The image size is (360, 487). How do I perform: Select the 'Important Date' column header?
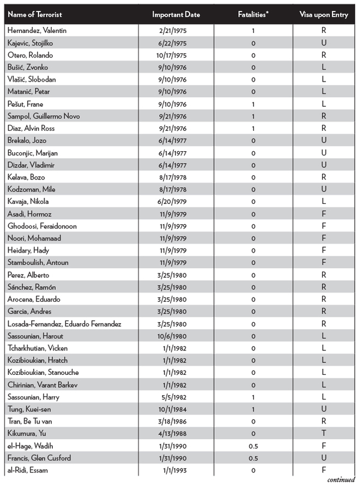[x=176, y=14]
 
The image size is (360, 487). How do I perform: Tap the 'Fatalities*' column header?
[x=254, y=14]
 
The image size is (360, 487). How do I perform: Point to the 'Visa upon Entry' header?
[x=323, y=14]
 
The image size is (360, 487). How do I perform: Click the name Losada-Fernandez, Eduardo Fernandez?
[x=64, y=323]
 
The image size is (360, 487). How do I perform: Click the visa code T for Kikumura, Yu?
[x=323, y=434]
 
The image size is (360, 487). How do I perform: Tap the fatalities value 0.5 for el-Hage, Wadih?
[x=254, y=446]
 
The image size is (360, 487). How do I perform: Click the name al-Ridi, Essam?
[x=26, y=470]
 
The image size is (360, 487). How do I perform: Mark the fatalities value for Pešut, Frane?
[x=254, y=104]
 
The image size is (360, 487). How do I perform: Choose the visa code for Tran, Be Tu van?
[x=323, y=421]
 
